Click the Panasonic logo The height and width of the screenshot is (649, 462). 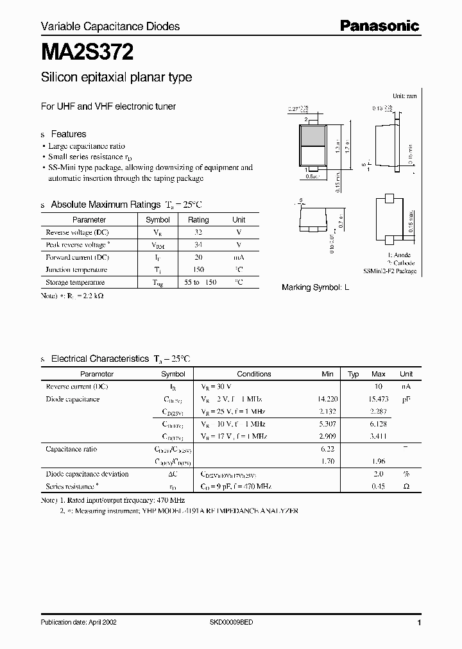click(x=379, y=26)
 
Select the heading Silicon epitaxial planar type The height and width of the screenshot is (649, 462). click(x=116, y=78)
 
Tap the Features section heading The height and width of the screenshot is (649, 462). click(x=68, y=134)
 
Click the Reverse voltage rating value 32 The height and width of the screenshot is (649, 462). click(x=198, y=232)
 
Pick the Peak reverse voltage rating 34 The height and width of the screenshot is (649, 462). click(x=198, y=245)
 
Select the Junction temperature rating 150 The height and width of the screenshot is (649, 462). click(x=198, y=270)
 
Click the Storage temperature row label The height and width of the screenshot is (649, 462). click(x=75, y=282)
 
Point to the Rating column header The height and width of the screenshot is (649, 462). click(x=198, y=220)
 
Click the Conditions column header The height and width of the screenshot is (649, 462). click(x=254, y=374)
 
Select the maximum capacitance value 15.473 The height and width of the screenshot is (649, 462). click(x=379, y=399)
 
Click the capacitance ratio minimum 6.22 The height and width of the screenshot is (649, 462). click(x=327, y=450)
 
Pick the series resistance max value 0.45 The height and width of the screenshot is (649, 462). click(x=379, y=486)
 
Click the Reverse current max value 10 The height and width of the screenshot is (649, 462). click(x=379, y=387)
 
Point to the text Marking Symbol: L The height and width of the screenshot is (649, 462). click(x=315, y=288)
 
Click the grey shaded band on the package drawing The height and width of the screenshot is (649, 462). click(x=312, y=135)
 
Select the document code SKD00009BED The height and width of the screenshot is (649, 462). click(x=232, y=622)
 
